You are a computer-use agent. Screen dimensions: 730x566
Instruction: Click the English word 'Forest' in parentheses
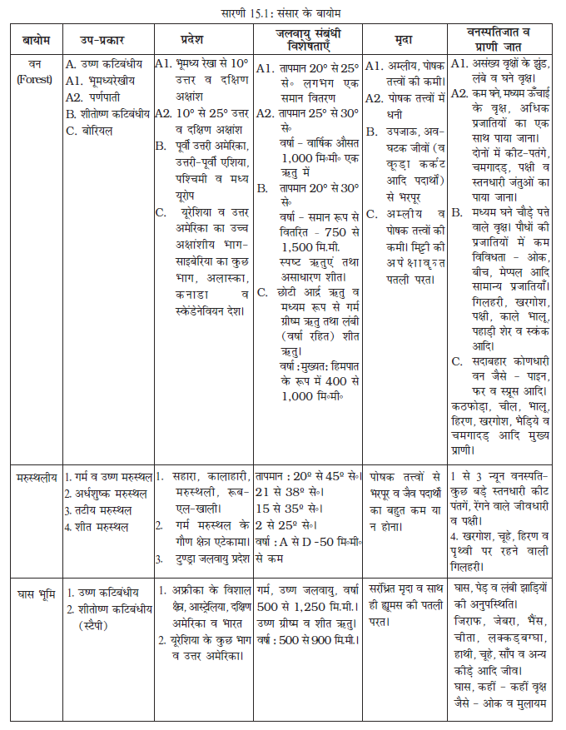pos(36,80)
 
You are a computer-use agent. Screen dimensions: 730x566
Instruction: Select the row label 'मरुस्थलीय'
pos(36,477)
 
